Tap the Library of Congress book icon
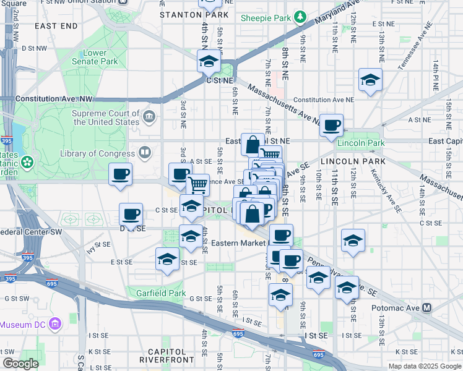[x=145, y=153]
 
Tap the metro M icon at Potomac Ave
[x=427, y=307]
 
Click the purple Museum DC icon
[x=55, y=324]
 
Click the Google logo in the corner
[x=20, y=364]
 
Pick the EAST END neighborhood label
[x=56, y=26]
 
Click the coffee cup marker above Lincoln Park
[x=331, y=126]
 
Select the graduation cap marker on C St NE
[x=209, y=62]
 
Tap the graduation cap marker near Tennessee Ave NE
[x=370, y=80]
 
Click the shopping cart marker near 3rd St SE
[x=197, y=184]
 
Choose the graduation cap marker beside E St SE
[x=167, y=259]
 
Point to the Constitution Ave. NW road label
[x=54, y=99]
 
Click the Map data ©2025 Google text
[x=424, y=366]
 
